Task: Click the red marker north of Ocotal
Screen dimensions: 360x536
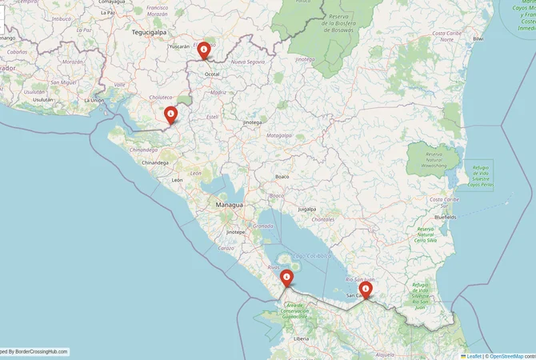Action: point(204,50)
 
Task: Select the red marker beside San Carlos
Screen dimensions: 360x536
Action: point(366,288)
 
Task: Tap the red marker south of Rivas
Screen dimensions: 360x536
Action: point(286,277)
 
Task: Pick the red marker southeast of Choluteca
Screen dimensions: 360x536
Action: point(170,115)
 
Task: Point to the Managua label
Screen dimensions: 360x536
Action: point(229,206)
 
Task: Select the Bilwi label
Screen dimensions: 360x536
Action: point(478,38)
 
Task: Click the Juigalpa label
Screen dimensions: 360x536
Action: point(307,209)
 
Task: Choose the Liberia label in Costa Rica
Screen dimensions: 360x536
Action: point(301,339)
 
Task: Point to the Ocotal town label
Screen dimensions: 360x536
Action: point(212,74)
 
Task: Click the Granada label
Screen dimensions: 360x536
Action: point(262,226)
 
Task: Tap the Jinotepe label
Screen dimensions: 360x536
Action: point(235,231)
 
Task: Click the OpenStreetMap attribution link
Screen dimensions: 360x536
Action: point(506,355)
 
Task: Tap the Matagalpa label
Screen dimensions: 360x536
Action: point(278,136)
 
